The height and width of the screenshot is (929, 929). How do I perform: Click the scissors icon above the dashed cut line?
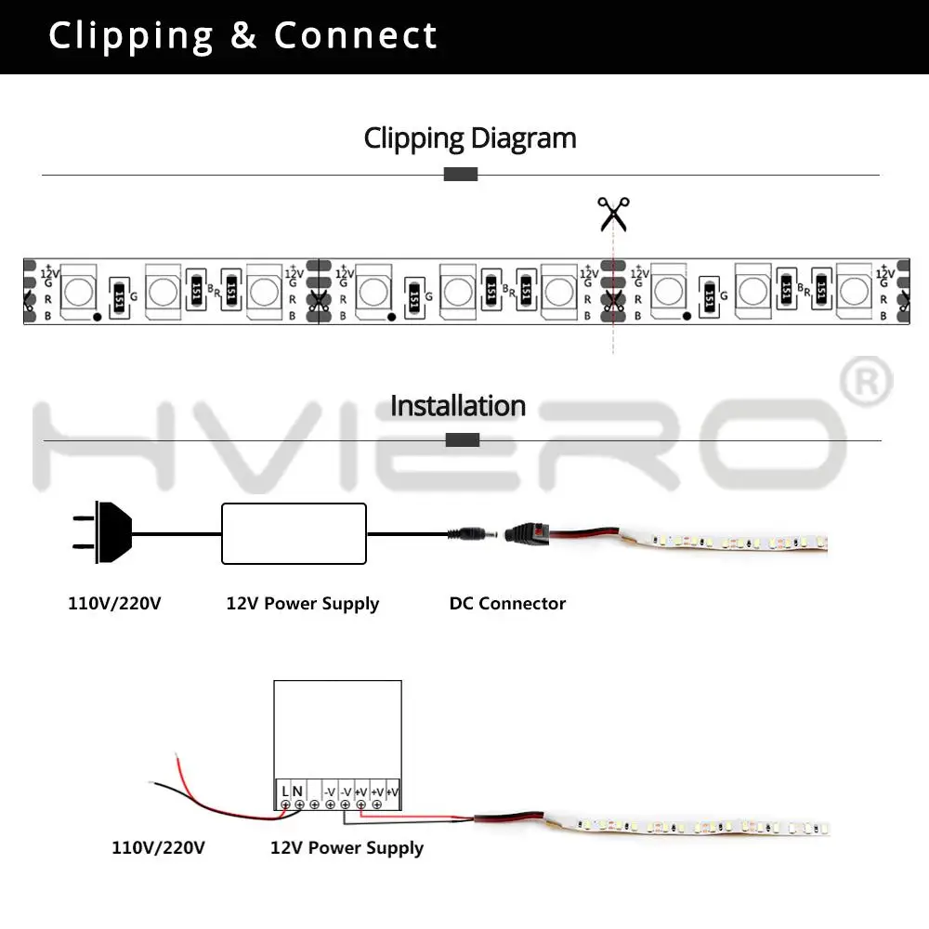click(x=613, y=214)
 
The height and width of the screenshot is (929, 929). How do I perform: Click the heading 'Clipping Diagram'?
click(x=470, y=138)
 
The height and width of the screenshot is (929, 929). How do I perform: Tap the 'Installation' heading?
click(x=458, y=406)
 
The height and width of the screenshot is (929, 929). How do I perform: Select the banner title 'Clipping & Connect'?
click(x=242, y=36)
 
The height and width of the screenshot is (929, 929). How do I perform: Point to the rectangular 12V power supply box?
click(x=294, y=533)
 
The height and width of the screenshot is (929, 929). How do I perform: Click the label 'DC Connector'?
click(x=507, y=604)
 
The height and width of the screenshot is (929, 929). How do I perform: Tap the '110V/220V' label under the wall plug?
click(x=114, y=604)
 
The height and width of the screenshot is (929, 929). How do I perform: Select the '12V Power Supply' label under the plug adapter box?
click(x=303, y=604)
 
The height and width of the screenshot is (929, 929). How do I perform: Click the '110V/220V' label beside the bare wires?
click(x=158, y=848)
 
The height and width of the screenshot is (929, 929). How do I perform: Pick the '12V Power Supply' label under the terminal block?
click(x=347, y=848)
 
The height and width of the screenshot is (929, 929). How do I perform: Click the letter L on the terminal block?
click(x=285, y=792)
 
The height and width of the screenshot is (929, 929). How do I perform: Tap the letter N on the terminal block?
click(x=298, y=792)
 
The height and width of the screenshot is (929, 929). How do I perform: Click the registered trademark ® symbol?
click(x=866, y=382)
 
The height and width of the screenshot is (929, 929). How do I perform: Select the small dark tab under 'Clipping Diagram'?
click(x=461, y=175)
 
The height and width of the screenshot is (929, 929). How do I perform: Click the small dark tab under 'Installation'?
click(x=463, y=439)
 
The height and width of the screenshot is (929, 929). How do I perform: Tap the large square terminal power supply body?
click(x=337, y=729)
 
